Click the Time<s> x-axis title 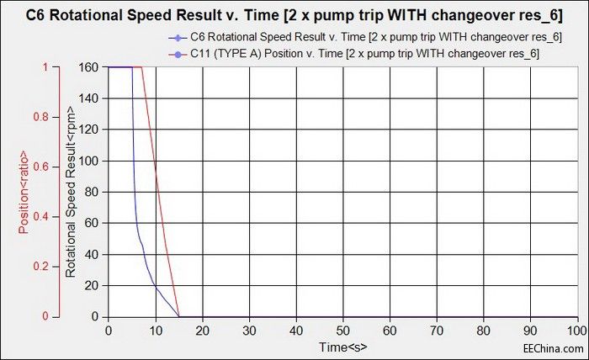342,347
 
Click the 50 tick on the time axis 342,331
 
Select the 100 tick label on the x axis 576,331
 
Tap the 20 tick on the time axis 202,331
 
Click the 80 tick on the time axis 483,331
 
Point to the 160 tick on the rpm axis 89,67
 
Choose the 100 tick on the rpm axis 89,161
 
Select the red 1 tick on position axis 48,67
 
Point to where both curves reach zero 179,317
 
